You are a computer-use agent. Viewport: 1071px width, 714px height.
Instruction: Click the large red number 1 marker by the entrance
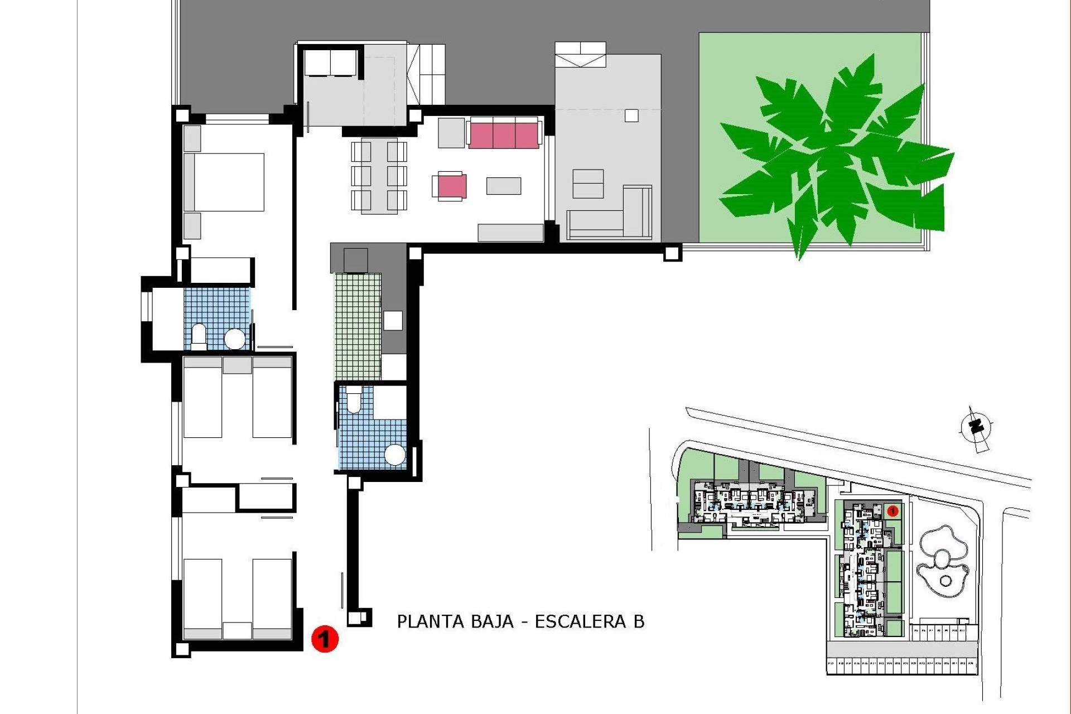(325, 639)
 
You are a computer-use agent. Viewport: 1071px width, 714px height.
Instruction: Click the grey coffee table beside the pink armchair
(503, 186)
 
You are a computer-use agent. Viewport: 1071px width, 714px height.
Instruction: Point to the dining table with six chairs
(379, 176)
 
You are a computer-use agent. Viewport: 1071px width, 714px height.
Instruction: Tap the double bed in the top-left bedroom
(224, 182)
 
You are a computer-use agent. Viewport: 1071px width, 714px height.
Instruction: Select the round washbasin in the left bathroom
(234, 339)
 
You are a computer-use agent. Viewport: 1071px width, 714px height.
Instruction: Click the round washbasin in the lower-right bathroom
(395, 455)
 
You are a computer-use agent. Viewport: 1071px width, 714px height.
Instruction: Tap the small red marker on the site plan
(892, 510)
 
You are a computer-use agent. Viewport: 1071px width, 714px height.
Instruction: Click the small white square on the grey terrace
(631, 115)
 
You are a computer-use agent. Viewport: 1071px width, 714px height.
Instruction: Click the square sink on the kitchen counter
(393, 321)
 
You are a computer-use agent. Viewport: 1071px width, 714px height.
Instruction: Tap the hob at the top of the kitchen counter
(355, 260)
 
